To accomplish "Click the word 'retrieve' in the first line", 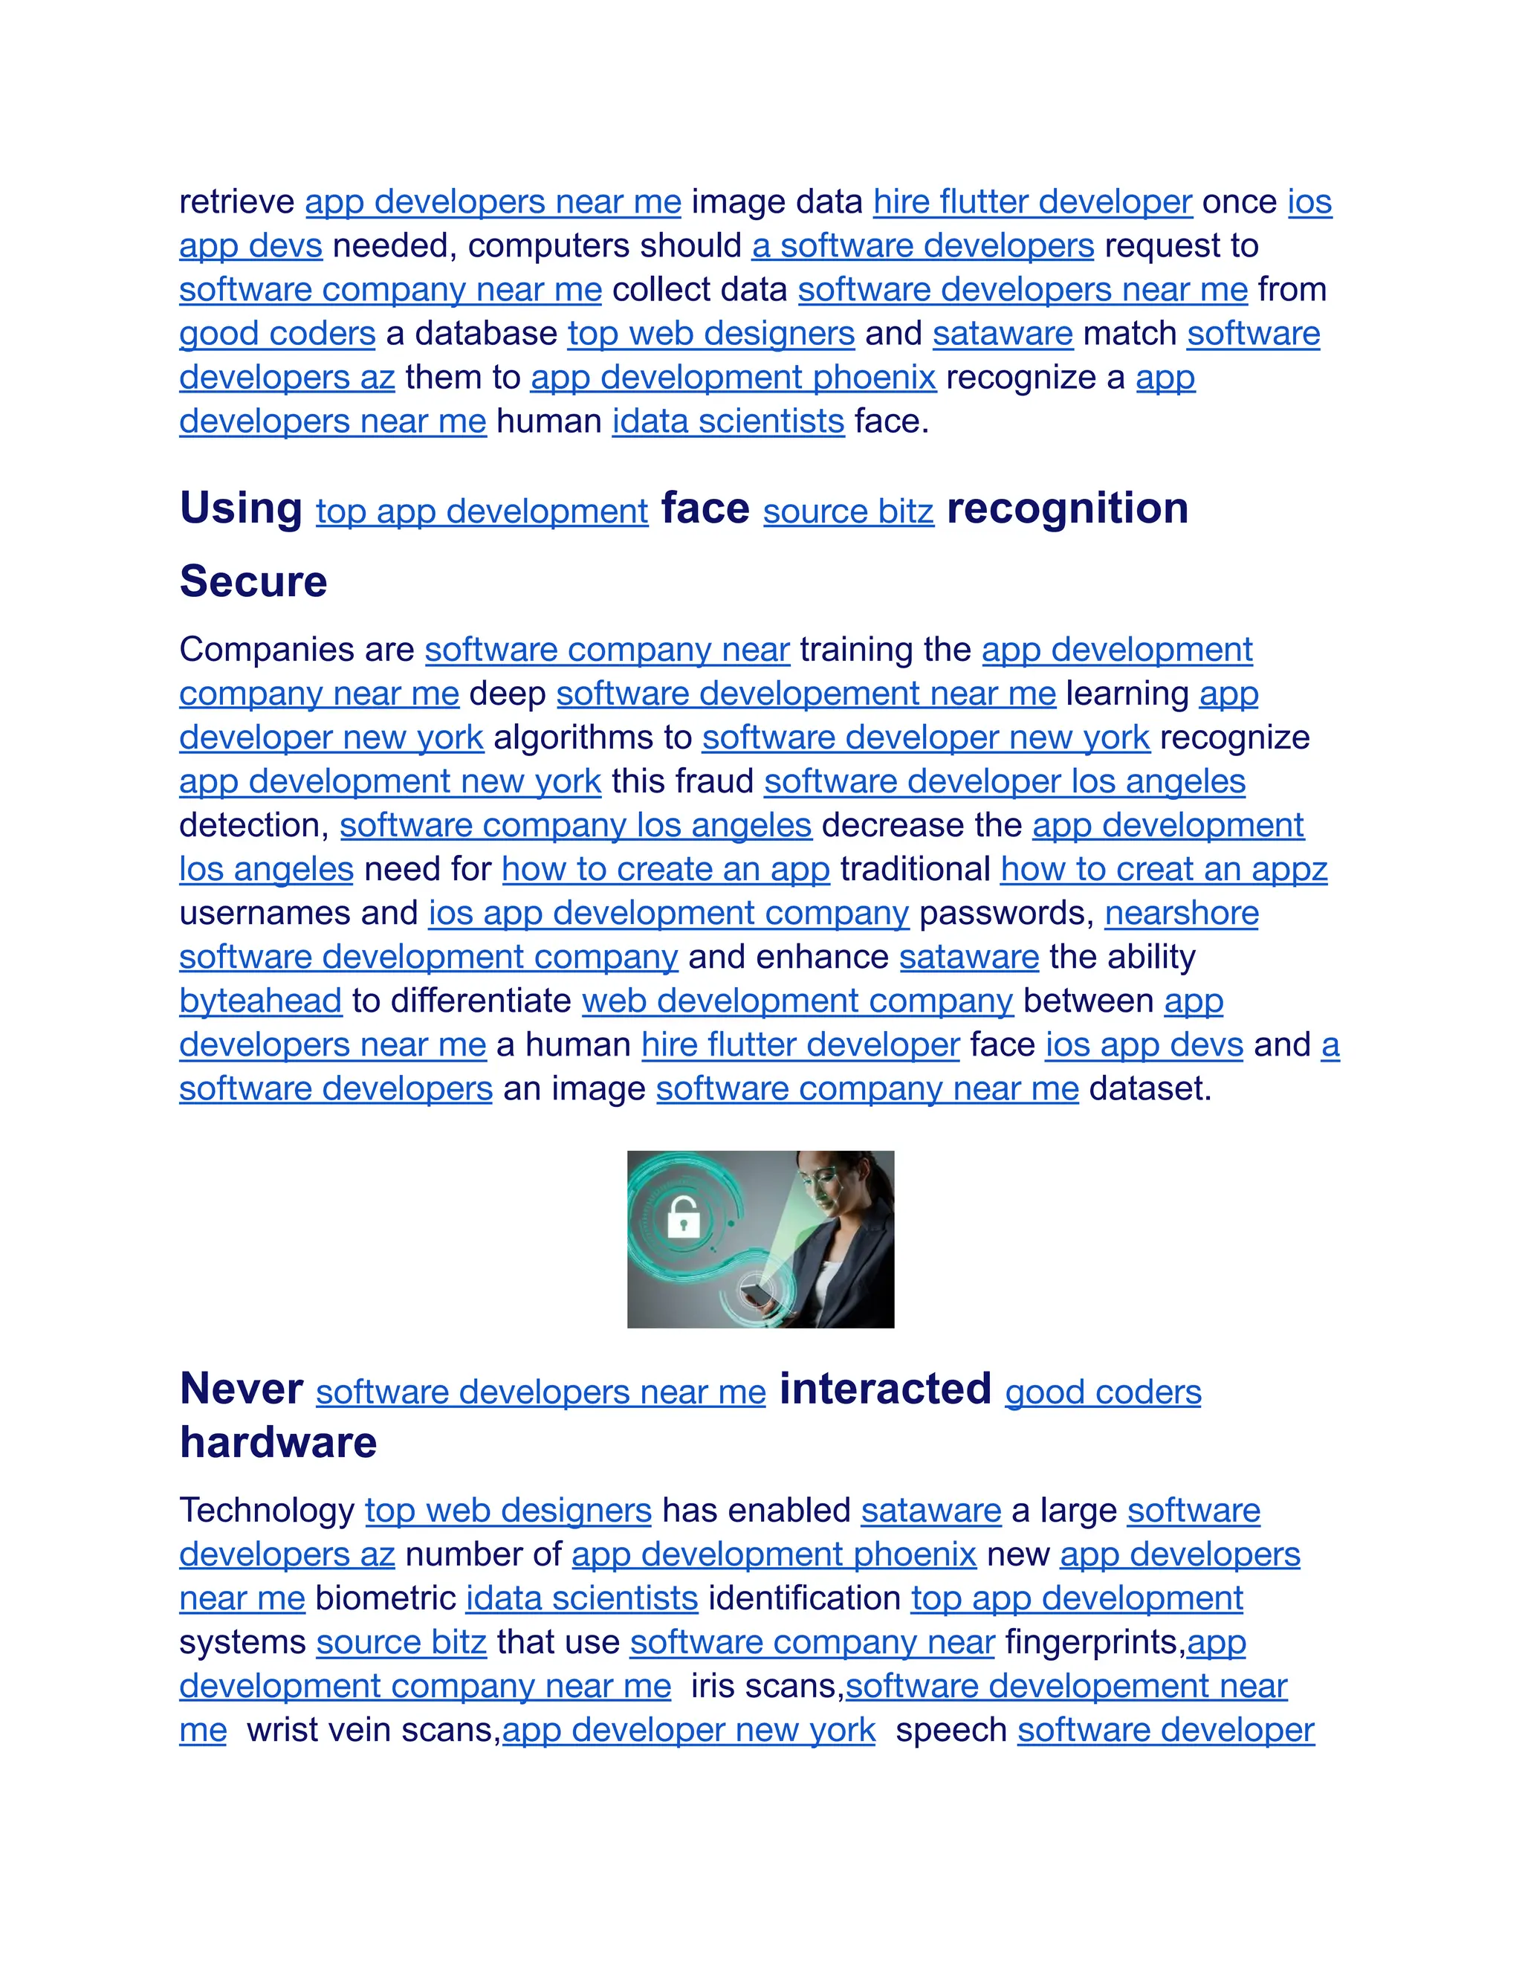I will [x=236, y=202].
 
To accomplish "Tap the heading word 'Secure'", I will [x=253, y=582].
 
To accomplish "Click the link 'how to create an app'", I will [x=665, y=870].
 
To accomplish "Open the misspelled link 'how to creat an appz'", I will [x=1163, y=870].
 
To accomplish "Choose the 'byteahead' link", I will [x=261, y=1001].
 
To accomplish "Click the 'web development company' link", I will [x=797, y=1001].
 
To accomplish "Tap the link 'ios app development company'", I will [x=668, y=914].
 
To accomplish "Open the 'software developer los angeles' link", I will [x=1005, y=782].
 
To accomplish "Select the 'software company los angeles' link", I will [x=575, y=826].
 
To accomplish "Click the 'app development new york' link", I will [x=389, y=782].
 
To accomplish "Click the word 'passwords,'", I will [x=1006, y=914].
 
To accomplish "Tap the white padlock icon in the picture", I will [x=684, y=1219].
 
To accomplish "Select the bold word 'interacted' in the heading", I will [x=884, y=1389].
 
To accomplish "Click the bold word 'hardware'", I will [x=278, y=1443].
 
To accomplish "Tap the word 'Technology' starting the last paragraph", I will [x=267, y=1511].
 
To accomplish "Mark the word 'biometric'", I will [x=385, y=1598].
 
